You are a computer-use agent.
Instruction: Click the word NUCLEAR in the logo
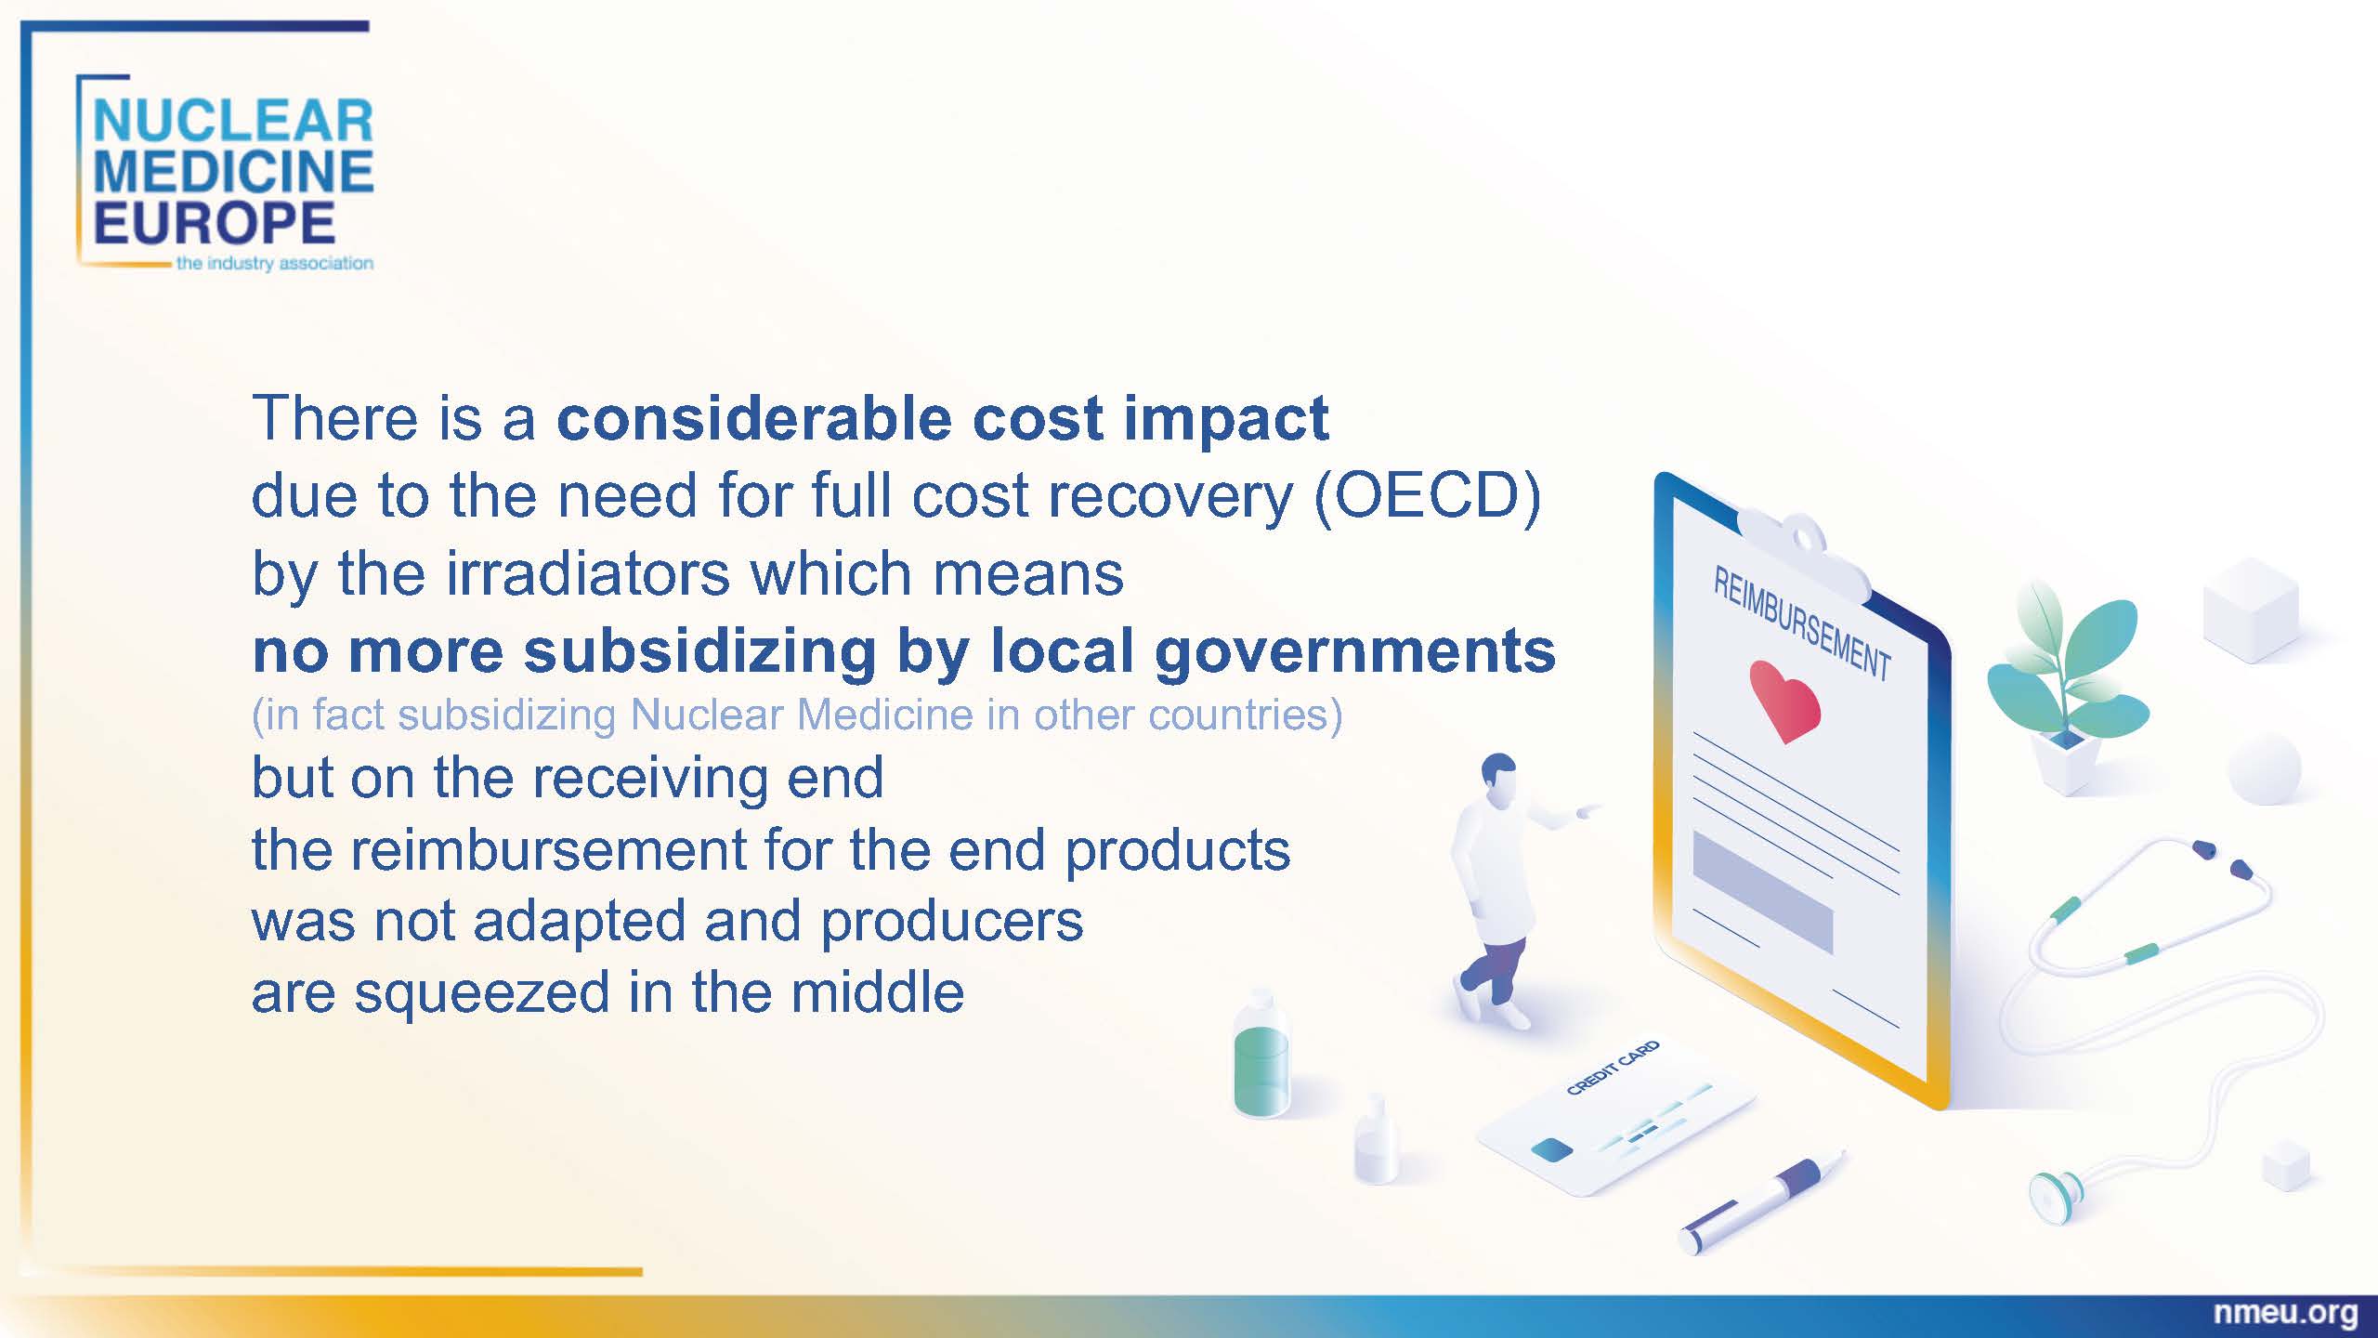[233, 120]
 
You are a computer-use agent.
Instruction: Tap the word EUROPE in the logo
[215, 223]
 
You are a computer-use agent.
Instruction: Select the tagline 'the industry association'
[275, 263]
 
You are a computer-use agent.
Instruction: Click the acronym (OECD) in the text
[1428, 495]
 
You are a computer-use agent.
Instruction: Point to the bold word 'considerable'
[754, 418]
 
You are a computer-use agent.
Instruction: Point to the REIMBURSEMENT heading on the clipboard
[1802, 624]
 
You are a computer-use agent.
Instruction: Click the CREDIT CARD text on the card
[1613, 1068]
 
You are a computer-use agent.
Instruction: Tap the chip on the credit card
[1551, 1150]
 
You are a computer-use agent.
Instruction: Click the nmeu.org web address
[2285, 1313]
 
